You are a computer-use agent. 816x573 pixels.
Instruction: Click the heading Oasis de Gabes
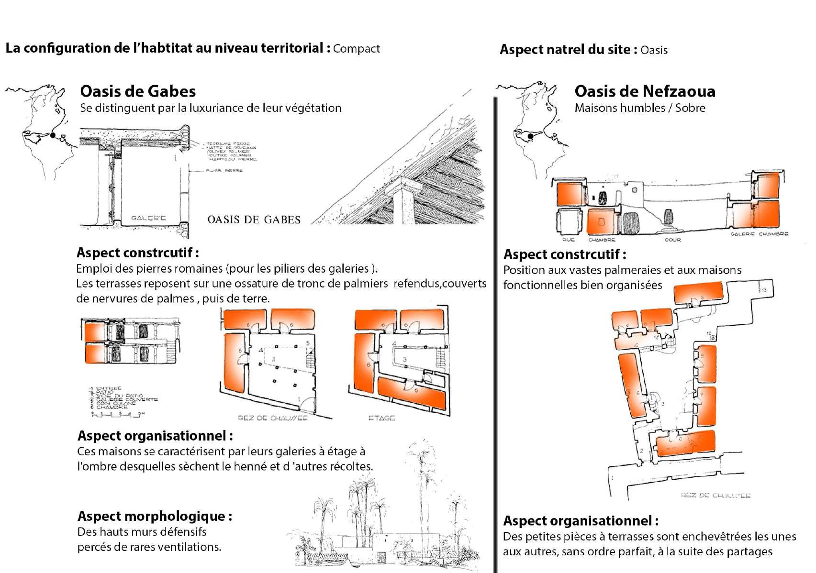138,91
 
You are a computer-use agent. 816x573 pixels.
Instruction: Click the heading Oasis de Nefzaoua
645,91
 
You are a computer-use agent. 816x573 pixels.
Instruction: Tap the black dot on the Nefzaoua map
530,137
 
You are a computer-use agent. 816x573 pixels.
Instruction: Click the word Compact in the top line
357,48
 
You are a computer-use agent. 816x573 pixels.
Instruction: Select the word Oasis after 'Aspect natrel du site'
654,50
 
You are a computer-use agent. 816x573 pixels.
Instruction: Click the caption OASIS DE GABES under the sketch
254,220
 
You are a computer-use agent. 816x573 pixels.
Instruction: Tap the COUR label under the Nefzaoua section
672,240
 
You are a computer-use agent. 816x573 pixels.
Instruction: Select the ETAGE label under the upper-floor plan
381,418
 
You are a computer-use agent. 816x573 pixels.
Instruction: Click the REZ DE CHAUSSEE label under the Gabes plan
272,418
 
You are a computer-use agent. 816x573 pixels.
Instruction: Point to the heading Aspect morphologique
155,516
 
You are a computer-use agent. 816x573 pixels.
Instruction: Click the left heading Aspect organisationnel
155,436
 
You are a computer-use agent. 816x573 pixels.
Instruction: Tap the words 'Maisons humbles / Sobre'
640,108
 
